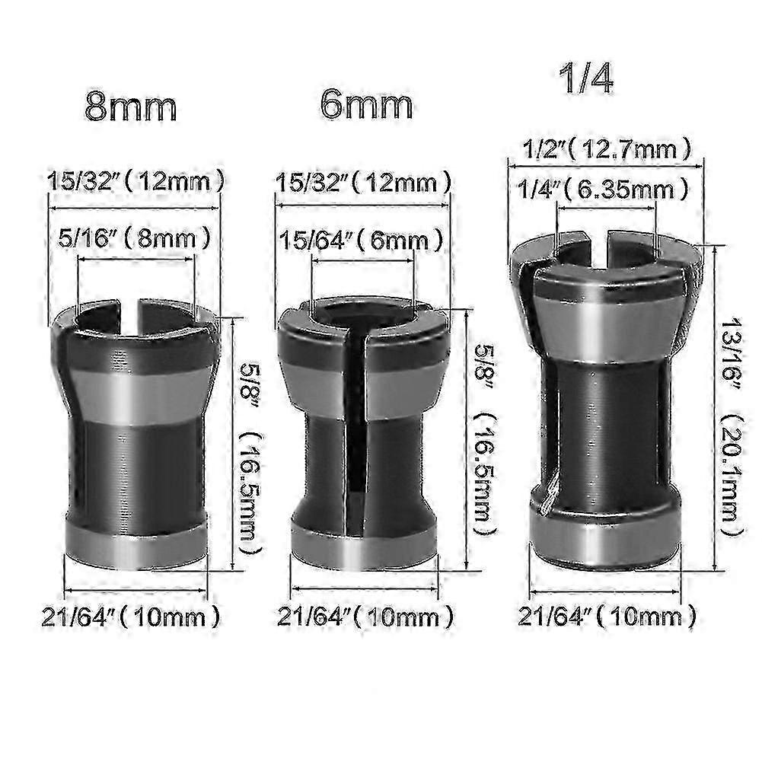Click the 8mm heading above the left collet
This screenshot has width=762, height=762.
coord(131,107)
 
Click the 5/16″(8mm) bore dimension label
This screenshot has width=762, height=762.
coord(136,240)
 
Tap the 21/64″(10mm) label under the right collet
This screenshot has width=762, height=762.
coord(607,615)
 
